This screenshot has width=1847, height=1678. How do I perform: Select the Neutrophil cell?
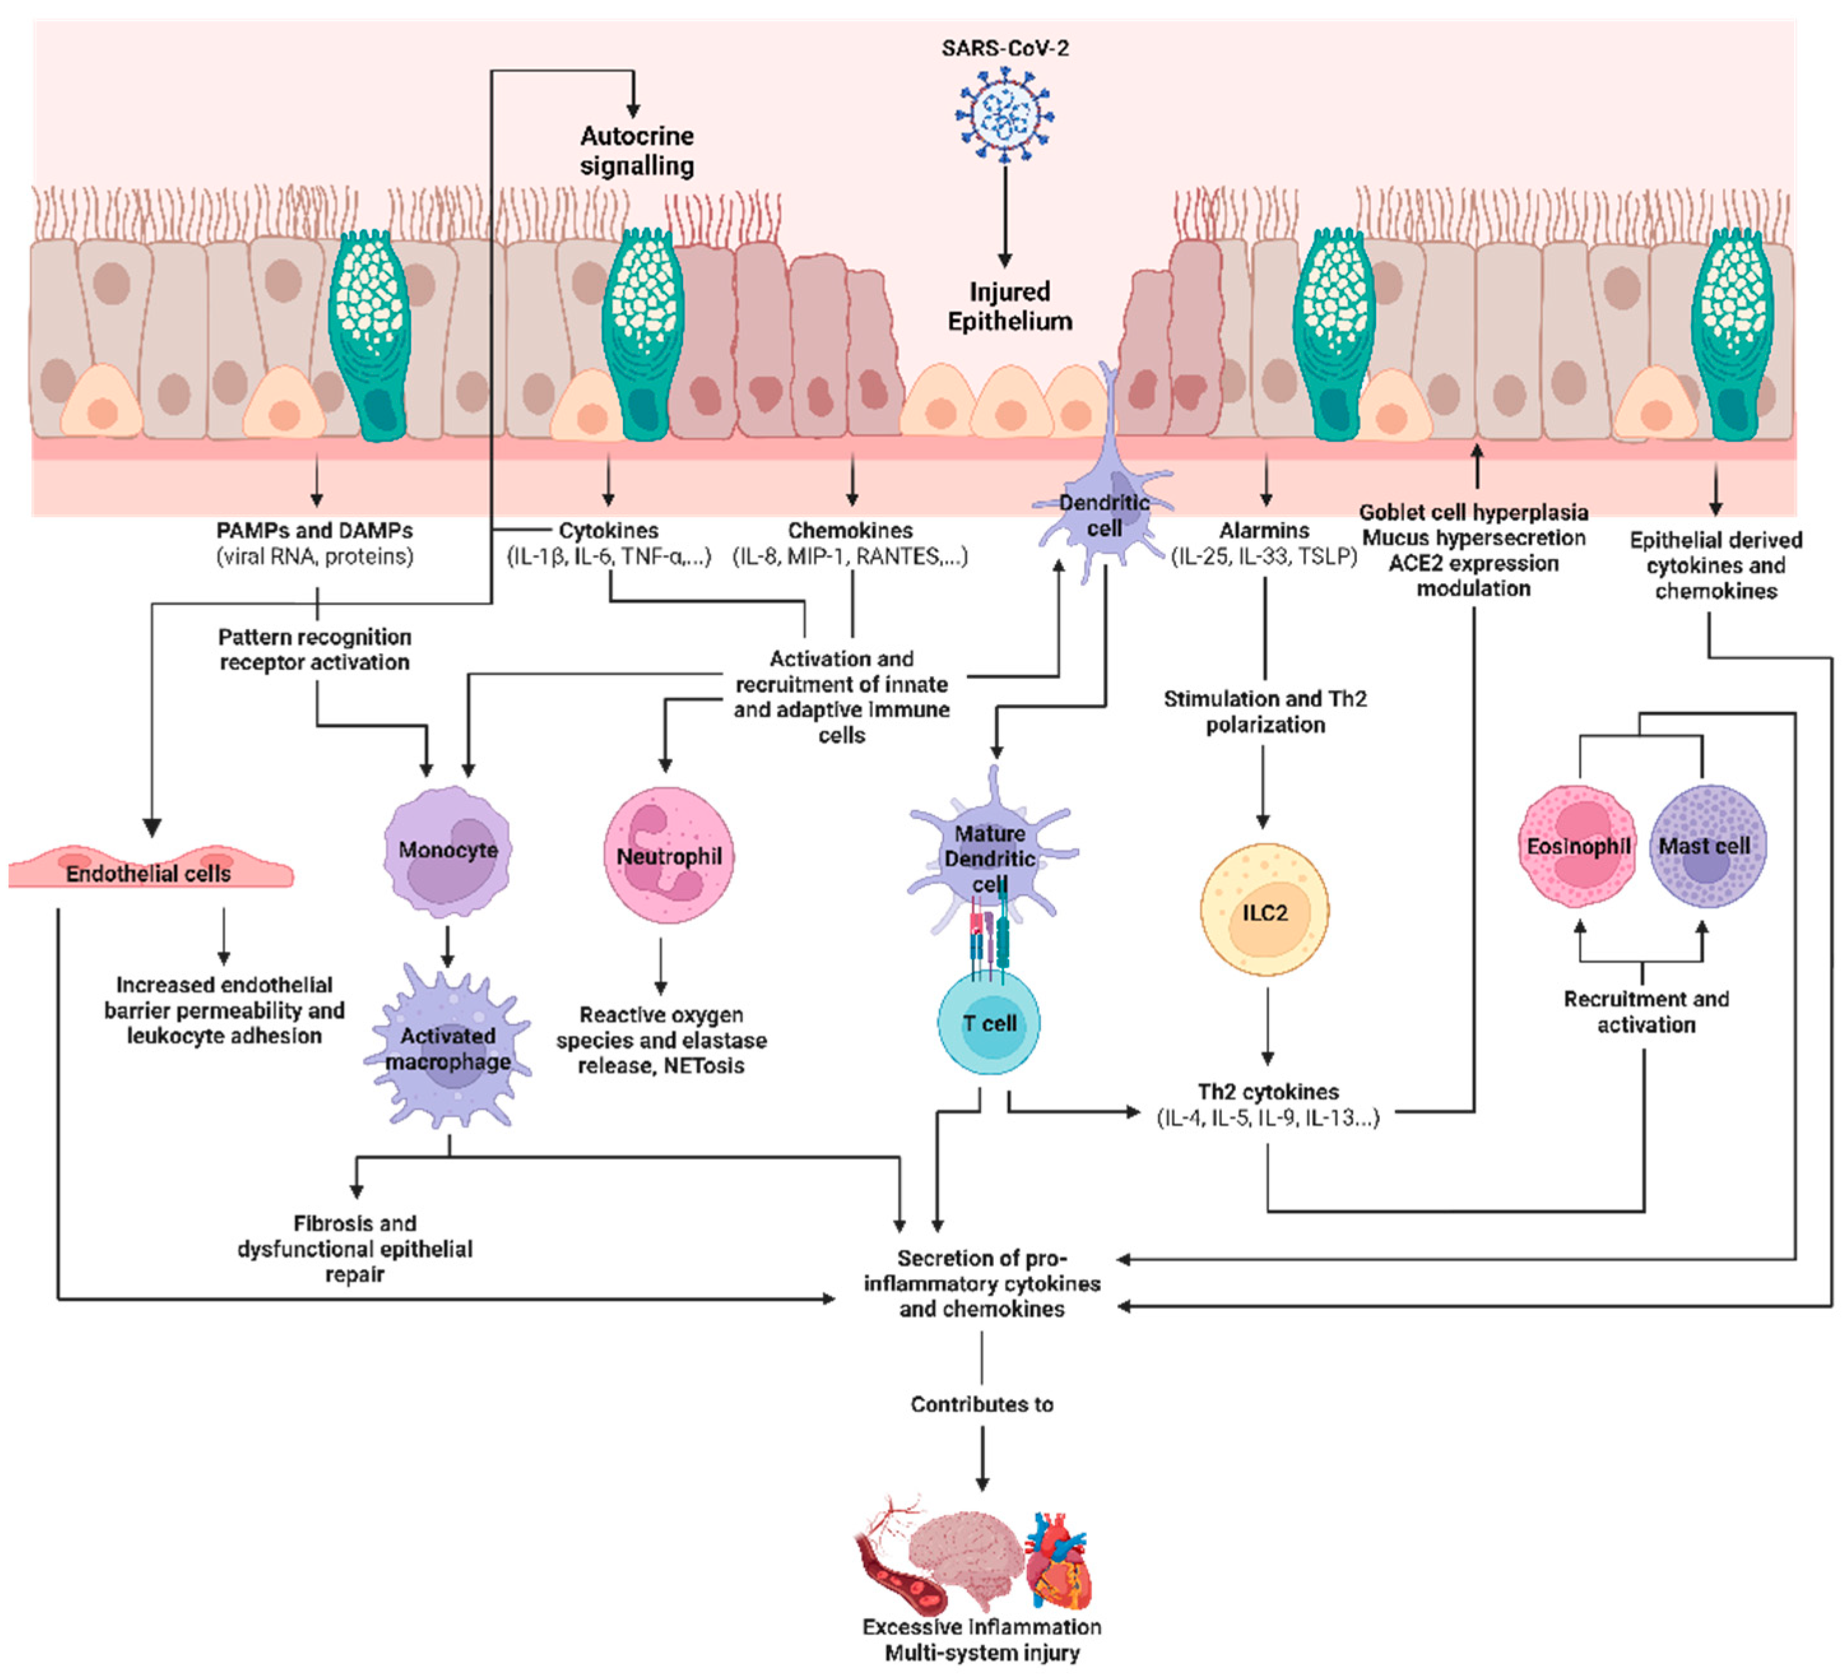[x=669, y=855]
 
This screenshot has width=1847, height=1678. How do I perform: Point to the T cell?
[x=989, y=1023]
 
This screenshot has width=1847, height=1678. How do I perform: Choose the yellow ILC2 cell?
[x=1264, y=911]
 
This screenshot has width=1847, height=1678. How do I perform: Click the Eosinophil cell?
[x=1577, y=846]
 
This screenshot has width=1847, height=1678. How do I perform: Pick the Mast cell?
[x=1706, y=846]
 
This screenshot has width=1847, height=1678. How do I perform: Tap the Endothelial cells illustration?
[x=149, y=868]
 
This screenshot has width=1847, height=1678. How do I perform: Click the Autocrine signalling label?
[x=636, y=150]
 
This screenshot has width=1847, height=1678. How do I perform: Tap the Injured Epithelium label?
[x=1010, y=306]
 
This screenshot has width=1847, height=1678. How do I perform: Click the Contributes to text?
[x=981, y=1404]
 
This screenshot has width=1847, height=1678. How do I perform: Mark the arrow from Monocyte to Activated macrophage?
[x=447, y=946]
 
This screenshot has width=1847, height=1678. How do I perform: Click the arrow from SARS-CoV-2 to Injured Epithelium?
[x=1005, y=215]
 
